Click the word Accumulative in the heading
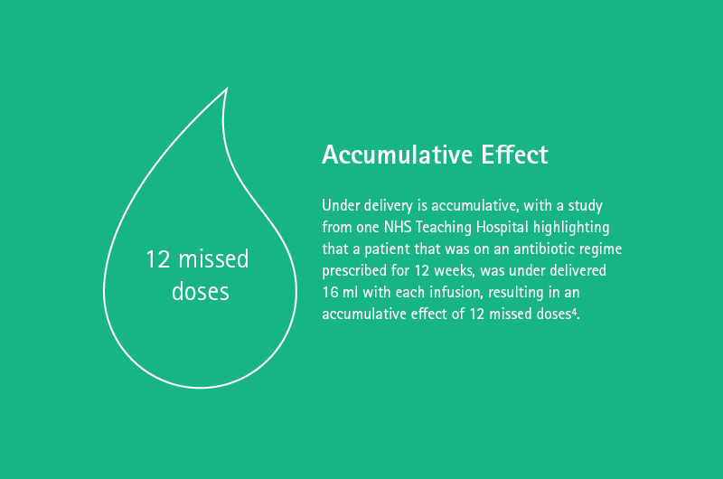coord(397,155)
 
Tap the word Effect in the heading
coord(514,155)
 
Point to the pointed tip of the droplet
coord(227,88)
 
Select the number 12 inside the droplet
coord(158,259)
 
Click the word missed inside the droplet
coord(214,258)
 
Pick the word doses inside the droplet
coord(200,291)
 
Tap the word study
coord(585,206)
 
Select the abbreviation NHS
coord(398,227)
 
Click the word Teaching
coord(444,228)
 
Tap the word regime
coord(600,249)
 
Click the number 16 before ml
coord(330,292)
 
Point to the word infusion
coord(455,292)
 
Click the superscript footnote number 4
coord(574,312)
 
